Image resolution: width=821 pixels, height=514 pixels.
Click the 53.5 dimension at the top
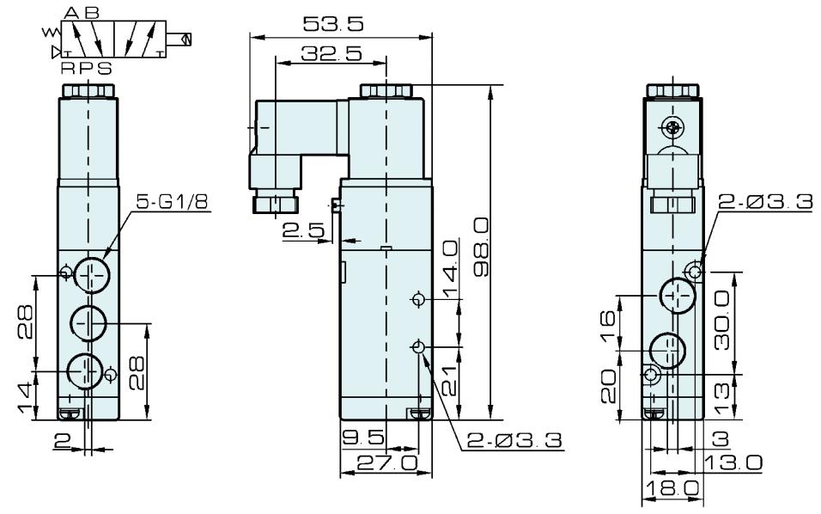click(333, 24)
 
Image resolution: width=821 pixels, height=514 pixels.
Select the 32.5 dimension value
click(331, 53)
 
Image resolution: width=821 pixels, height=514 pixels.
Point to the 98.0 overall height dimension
click(481, 247)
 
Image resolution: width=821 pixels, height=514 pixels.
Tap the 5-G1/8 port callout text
click(173, 201)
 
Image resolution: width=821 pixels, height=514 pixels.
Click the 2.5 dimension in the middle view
click(304, 230)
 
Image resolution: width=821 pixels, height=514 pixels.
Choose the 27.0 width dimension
click(387, 462)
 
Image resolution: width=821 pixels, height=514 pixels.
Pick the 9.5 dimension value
click(363, 437)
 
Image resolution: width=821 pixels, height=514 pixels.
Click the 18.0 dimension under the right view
click(672, 488)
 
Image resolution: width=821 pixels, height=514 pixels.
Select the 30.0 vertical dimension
click(722, 320)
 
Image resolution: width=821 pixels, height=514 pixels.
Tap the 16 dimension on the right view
click(608, 326)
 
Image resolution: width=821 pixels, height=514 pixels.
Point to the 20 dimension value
click(608, 386)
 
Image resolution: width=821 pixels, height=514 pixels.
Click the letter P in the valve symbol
click(86, 68)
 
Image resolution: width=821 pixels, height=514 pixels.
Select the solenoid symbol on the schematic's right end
click(180, 40)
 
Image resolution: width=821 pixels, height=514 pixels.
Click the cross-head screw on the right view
click(672, 126)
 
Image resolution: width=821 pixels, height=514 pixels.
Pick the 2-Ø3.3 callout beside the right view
click(765, 201)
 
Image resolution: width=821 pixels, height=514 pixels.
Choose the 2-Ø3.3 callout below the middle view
click(514, 440)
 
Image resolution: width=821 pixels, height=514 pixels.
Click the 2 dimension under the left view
click(63, 441)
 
